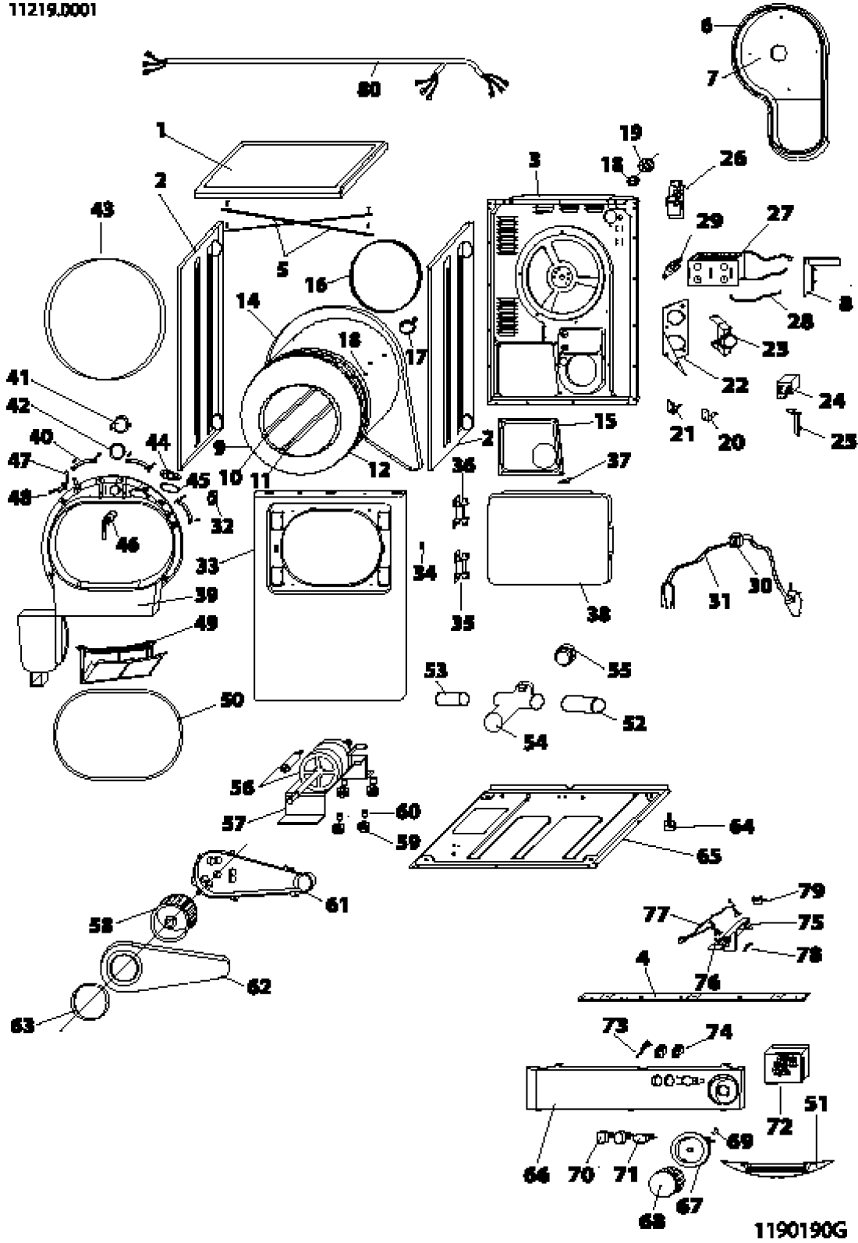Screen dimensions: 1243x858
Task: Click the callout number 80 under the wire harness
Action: (x=369, y=90)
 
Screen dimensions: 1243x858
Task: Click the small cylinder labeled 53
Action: (x=453, y=697)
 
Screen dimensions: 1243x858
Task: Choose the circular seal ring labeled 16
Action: (x=386, y=276)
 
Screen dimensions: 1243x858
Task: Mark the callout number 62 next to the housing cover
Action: (x=258, y=986)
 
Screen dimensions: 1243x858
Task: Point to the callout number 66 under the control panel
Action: (x=537, y=1174)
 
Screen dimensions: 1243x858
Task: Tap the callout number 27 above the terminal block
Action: (x=780, y=213)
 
